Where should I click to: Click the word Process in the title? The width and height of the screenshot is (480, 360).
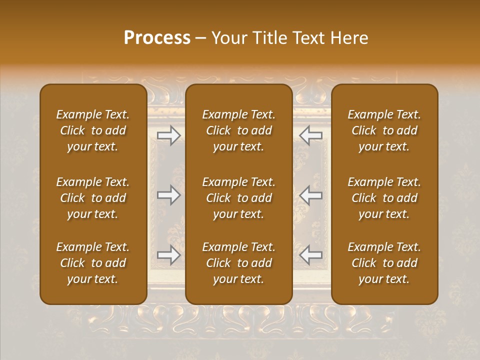pyautogui.click(x=157, y=38)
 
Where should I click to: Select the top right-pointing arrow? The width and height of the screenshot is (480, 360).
pyautogui.click(x=169, y=135)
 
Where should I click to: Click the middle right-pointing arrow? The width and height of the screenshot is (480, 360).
pyautogui.click(x=169, y=195)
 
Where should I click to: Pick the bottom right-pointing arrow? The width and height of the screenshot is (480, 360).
pyautogui.click(x=169, y=255)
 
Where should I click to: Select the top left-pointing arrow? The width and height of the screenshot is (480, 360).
pyautogui.click(x=311, y=135)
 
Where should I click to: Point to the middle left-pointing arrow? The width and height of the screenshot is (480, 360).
pyautogui.click(x=311, y=195)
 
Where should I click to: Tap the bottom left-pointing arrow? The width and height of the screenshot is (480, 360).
pyautogui.click(x=311, y=255)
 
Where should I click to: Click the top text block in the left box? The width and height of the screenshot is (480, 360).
pyautogui.click(x=93, y=130)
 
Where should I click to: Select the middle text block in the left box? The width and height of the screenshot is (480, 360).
pyautogui.click(x=93, y=198)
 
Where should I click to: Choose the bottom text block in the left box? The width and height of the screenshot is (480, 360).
pyautogui.click(x=93, y=263)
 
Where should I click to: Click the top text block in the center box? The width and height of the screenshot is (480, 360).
pyautogui.click(x=239, y=130)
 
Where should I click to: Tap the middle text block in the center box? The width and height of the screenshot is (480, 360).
pyautogui.click(x=239, y=198)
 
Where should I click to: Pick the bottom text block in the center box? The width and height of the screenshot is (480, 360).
pyautogui.click(x=239, y=263)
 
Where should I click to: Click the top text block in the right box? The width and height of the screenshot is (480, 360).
pyautogui.click(x=384, y=130)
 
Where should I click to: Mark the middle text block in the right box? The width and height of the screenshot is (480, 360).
pyautogui.click(x=384, y=198)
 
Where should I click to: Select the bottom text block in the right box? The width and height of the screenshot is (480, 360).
pyautogui.click(x=384, y=263)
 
